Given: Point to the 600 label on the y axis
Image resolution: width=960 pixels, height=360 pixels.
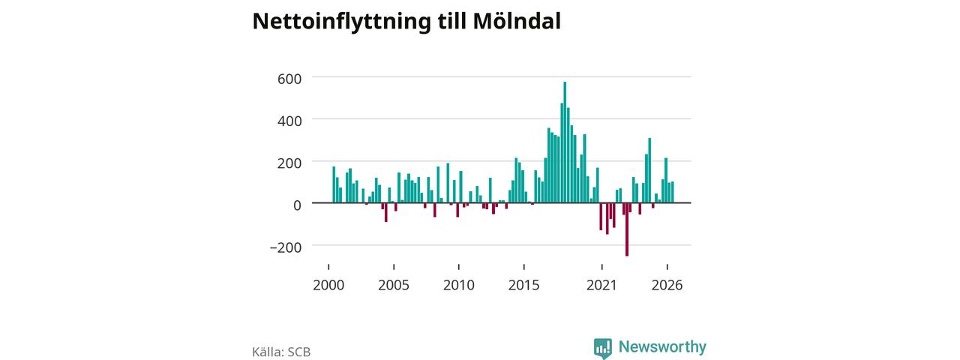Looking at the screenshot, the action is [x=289, y=79].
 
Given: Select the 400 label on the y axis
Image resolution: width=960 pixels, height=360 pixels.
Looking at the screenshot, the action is [x=289, y=121].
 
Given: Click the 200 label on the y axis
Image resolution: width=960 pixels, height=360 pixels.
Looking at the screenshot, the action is [x=289, y=163].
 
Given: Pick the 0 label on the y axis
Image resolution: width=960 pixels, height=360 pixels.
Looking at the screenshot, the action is [x=298, y=205].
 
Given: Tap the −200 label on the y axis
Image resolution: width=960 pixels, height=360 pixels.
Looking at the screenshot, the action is [x=286, y=247].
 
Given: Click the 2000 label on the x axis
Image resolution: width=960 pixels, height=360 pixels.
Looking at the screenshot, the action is [x=328, y=285].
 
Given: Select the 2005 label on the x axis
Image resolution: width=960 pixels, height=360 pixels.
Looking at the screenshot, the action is [x=394, y=285].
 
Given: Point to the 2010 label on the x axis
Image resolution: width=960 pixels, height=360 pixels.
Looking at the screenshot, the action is [x=458, y=285].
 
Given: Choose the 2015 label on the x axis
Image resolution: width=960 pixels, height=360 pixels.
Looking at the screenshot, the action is [x=523, y=285].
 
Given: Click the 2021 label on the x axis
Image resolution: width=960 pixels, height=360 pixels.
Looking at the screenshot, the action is [x=601, y=285].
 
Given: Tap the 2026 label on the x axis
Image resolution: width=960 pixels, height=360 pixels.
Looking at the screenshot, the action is [x=667, y=285].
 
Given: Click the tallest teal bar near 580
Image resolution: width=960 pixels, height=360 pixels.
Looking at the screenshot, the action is [x=565, y=142].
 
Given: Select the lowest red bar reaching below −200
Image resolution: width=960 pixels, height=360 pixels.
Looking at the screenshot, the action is [x=627, y=229].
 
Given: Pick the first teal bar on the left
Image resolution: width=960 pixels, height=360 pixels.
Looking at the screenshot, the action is [x=334, y=184].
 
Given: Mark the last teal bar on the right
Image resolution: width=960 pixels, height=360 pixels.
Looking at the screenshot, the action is [x=673, y=193].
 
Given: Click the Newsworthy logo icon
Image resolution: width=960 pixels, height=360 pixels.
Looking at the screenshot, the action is [x=602, y=348].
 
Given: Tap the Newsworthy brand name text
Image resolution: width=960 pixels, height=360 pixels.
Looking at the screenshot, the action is [x=662, y=346].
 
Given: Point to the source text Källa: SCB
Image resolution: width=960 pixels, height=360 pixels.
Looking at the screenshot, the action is [x=281, y=352].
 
